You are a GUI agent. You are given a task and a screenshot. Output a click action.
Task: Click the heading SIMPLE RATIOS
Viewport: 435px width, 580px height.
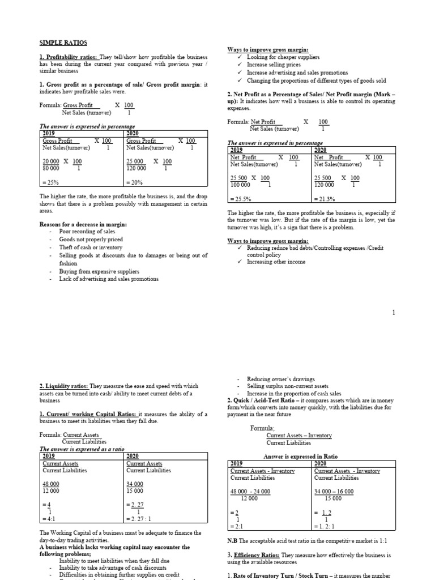coord(63,43)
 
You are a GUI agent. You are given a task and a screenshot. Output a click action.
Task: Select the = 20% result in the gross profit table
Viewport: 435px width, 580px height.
coord(135,183)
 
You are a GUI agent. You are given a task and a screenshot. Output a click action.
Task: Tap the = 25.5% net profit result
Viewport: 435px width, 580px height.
coord(241,199)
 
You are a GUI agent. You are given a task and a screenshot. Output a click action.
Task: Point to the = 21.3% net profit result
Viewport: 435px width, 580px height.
coord(325,199)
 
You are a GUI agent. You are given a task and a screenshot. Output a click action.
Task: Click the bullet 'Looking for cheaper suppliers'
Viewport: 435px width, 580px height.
coord(283,57)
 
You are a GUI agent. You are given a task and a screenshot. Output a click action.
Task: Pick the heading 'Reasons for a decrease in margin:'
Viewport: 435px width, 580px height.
coord(83,224)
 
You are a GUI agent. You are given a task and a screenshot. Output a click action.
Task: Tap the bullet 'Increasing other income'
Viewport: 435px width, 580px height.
coord(276,262)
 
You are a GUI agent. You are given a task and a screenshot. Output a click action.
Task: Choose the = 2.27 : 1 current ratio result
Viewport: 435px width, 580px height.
coord(140,518)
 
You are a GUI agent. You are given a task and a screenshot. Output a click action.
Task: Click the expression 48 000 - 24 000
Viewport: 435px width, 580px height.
coord(250,491)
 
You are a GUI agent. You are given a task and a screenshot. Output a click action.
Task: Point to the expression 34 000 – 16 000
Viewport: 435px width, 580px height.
coord(334,491)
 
